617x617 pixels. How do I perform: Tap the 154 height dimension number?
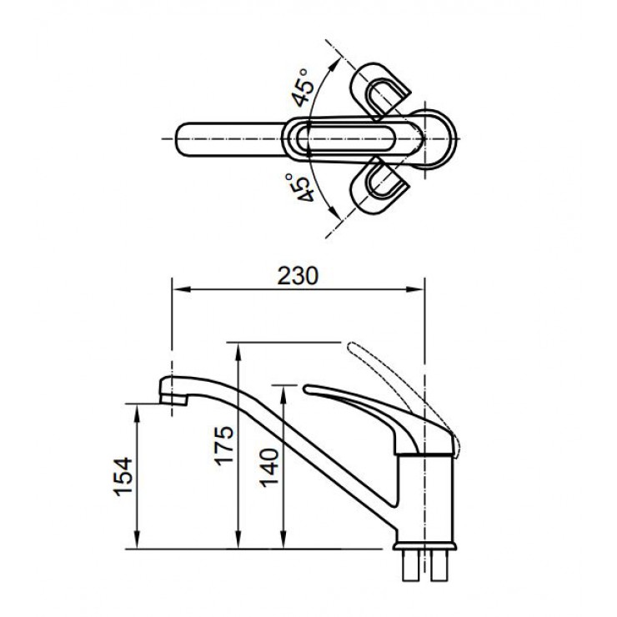pyautogui.click(x=122, y=476)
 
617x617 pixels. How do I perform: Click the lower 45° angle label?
pyautogui.click(x=303, y=188)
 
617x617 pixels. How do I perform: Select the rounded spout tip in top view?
pyautogui.click(x=188, y=135)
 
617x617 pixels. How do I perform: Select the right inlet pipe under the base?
pyautogui.click(x=440, y=569)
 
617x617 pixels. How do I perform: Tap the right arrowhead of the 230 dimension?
pyautogui.click(x=420, y=289)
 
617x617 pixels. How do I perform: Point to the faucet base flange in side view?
pyautogui.click(x=425, y=547)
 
